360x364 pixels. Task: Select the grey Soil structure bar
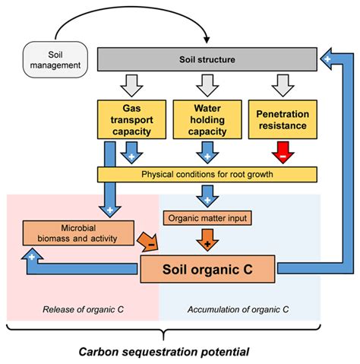[x=207, y=59]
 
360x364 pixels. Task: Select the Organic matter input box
[x=207, y=219]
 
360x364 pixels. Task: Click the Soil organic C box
[x=207, y=268]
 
